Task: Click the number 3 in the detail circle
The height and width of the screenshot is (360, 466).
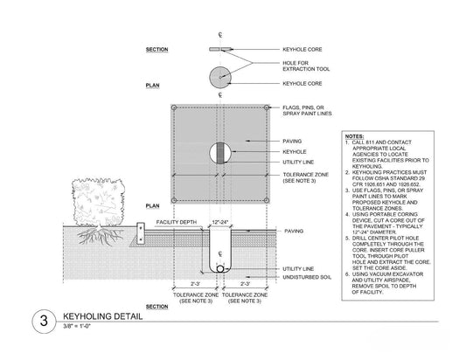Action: click(44, 321)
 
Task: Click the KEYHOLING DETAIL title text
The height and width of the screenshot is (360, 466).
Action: click(103, 316)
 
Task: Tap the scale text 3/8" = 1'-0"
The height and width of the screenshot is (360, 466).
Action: click(77, 326)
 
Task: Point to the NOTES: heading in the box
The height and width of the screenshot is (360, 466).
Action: click(354, 136)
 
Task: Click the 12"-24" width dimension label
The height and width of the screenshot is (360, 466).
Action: click(220, 222)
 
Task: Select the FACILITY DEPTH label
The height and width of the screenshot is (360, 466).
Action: click(177, 222)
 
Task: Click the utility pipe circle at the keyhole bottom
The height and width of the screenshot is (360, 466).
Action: click(220, 269)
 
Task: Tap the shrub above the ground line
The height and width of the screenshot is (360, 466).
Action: click(99, 201)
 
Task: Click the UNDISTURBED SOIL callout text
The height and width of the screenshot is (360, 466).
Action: click(307, 277)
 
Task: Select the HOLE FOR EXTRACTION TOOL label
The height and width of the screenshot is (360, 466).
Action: click(306, 66)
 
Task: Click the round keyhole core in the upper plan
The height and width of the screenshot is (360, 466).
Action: click(220, 77)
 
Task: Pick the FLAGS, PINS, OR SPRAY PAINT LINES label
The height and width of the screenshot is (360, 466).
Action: click(307, 110)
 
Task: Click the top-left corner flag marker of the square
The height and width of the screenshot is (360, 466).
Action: click(174, 107)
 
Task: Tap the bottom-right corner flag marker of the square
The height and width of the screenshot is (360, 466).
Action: click(267, 200)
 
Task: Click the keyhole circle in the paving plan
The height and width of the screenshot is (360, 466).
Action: click(220, 153)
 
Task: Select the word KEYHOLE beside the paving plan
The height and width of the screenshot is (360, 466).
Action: click(295, 152)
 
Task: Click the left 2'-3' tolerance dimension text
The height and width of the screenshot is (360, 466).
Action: click(195, 284)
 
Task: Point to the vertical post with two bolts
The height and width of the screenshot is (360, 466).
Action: click(141, 233)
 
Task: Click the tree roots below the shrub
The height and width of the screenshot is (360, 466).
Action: click(101, 236)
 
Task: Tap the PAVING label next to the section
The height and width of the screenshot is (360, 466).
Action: click(294, 231)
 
